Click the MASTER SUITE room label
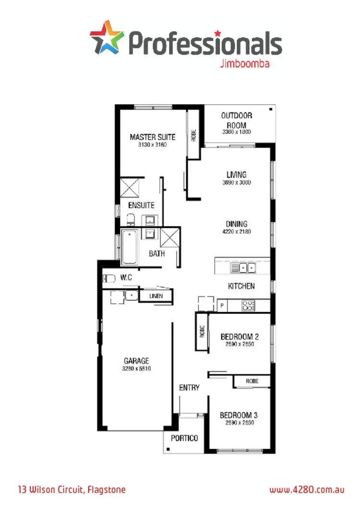[153, 137]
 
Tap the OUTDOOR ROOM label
[236, 120]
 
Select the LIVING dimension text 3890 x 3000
[236, 183]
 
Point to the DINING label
[237, 224]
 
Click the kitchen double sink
[243, 267]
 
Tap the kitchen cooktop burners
[249, 305]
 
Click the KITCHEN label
[241, 286]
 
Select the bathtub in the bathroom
[129, 247]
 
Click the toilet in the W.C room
[109, 278]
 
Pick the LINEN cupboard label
[156, 296]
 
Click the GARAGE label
[136, 361]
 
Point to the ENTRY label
[189, 388]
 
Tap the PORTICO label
[184, 438]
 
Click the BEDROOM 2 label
[240, 336]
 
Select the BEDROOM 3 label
[239, 415]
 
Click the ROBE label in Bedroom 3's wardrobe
[252, 381]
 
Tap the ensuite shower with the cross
[129, 188]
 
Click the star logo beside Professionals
[106, 37]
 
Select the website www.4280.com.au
[307, 490]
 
